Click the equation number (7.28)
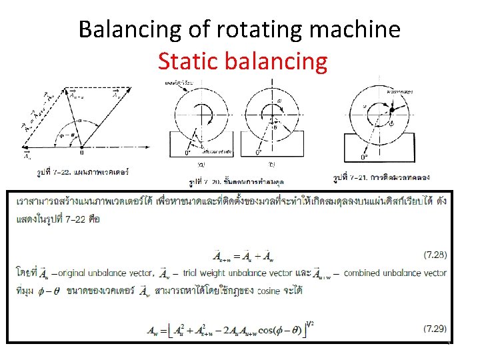pos(435,255)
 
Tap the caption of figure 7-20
pos(227,182)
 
